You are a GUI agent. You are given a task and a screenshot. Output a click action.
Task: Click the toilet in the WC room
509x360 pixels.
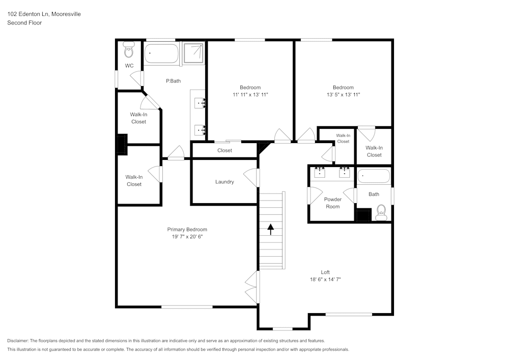point(129,51)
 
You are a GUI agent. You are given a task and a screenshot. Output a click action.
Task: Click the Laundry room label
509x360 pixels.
point(224,182)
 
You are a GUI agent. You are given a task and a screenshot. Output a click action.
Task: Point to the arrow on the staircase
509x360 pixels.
point(271,229)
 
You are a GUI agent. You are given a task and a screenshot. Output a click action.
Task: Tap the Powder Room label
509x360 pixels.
point(332,203)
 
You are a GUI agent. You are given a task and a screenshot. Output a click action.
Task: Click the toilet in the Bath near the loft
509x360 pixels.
point(381,212)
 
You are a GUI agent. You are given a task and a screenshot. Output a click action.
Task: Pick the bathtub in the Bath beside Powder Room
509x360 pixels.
point(374,177)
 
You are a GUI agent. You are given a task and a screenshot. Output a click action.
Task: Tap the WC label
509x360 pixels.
point(129,66)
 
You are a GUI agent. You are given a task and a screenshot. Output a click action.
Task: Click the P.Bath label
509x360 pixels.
point(173,80)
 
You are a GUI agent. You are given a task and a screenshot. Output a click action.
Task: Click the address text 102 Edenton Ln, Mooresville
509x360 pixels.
point(44,14)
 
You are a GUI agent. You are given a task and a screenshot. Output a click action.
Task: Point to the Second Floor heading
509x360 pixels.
point(24,23)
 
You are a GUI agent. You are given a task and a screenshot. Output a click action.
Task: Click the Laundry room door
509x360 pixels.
point(251,178)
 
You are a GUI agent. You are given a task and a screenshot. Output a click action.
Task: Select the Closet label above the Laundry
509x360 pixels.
point(224,150)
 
